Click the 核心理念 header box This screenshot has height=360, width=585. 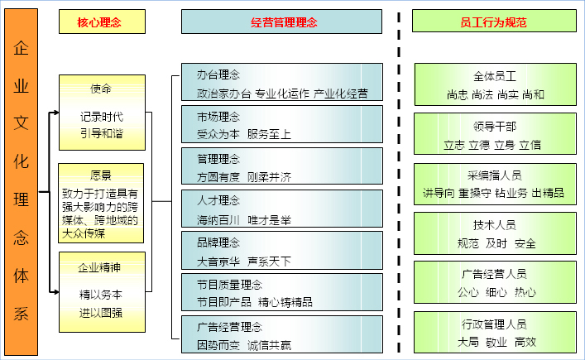102,22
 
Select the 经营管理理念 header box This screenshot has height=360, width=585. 281,22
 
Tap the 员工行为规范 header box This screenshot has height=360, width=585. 494,21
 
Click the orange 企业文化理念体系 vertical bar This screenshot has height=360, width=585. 21,182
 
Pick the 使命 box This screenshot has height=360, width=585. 102,113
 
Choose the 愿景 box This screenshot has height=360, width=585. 101,204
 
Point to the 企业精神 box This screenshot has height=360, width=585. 102,292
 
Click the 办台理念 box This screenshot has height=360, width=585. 281,82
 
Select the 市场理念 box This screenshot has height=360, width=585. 281,124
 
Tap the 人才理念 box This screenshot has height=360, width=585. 281,209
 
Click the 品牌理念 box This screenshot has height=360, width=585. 281,250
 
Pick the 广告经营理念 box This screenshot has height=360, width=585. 281,334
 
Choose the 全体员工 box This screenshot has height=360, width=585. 495,84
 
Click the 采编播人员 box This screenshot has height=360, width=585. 495,184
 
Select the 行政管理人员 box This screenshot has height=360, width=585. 495,332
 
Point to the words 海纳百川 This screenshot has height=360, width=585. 218,220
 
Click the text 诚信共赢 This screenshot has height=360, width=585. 269,345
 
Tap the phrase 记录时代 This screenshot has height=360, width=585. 102,117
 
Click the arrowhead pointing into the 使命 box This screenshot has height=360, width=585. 56,113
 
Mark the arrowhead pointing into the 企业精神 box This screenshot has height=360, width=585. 56,292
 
